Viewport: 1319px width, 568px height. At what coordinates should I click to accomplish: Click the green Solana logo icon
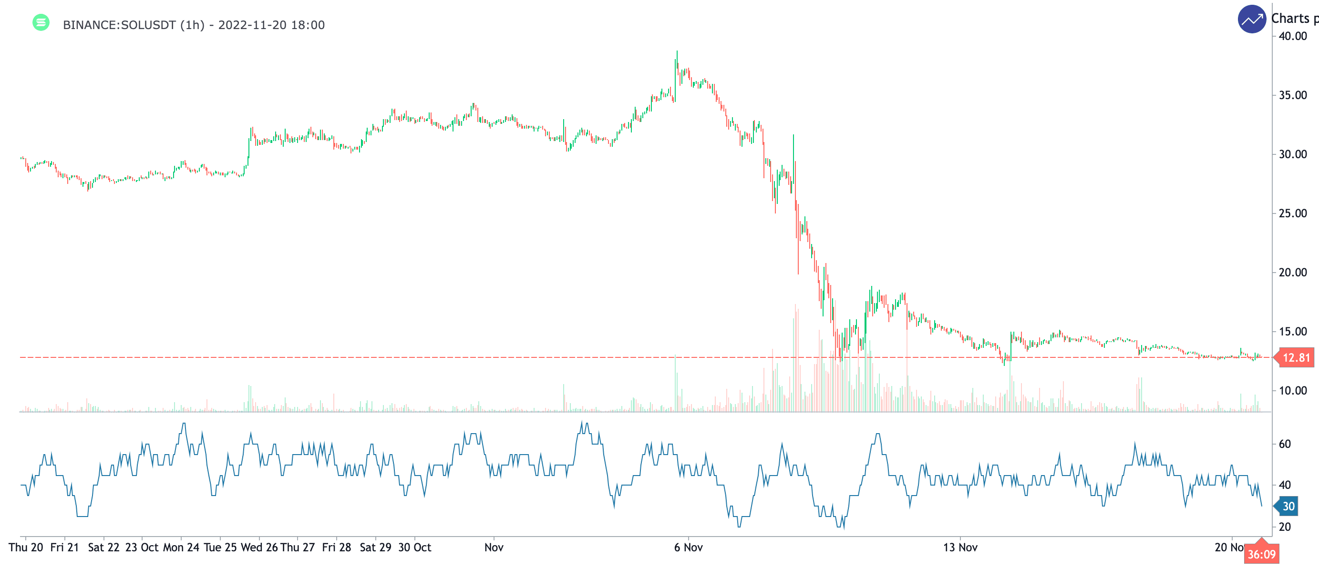[x=41, y=22]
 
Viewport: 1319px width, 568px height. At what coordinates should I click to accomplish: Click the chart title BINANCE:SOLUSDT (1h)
[x=133, y=25]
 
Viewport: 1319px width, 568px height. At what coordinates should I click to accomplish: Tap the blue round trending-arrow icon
[x=1251, y=20]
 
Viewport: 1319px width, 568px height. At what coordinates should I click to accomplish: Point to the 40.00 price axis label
[x=1292, y=36]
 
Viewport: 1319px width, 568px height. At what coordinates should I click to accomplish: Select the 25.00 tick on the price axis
[x=1292, y=213]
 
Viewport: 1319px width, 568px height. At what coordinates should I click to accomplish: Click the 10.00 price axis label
[x=1292, y=391]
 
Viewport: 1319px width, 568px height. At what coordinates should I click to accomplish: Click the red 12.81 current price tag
[x=1296, y=358]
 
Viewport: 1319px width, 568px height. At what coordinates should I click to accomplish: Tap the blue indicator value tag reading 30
[x=1288, y=507]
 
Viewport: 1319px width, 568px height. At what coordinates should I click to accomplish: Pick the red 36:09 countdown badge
[x=1261, y=554]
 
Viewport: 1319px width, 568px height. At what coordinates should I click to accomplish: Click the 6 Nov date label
[x=688, y=548]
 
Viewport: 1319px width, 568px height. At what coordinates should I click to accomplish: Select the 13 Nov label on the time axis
[x=960, y=548]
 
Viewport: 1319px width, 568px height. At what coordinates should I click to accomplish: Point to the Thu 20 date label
[x=26, y=548]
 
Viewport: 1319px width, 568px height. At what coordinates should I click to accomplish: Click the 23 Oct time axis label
[x=142, y=548]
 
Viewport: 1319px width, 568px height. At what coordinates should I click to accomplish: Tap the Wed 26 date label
[x=259, y=548]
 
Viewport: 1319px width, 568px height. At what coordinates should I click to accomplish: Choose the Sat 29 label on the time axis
[x=375, y=548]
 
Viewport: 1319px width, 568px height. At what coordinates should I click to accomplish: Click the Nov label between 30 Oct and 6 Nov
[x=494, y=548]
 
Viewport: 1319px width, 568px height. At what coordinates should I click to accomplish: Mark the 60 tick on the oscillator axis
[x=1284, y=444]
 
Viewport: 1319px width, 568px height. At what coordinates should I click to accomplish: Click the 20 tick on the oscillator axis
[x=1284, y=527]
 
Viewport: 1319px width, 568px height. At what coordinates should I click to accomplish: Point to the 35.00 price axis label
[x=1292, y=95]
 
